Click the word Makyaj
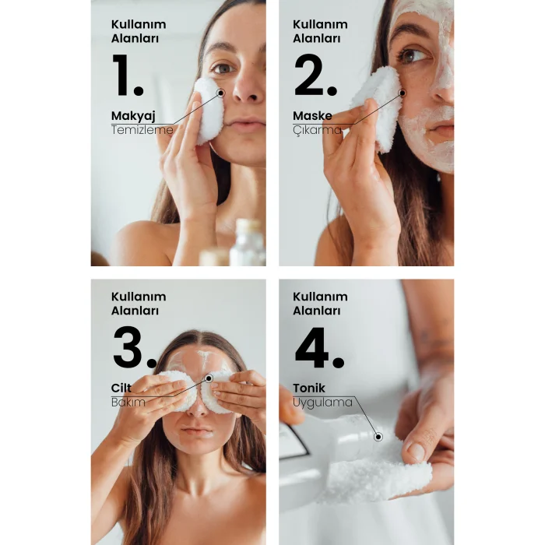(x=133, y=116)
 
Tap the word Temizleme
(x=142, y=130)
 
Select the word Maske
(x=312, y=115)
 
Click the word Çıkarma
(x=317, y=130)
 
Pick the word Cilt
(x=121, y=388)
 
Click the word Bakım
(x=128, y=403)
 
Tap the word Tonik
(x=309, y=388)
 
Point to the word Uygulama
(x=322, y=403)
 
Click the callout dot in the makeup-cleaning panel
(x=220, y=93)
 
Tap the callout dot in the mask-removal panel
(x=403, y=93)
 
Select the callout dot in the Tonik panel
(x=378, y=437)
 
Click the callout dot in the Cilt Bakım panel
(x=209, y=378)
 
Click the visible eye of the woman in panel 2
(x=411, y=55)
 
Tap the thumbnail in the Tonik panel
(x=417, y=452)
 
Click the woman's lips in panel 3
(x=197, y=431)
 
